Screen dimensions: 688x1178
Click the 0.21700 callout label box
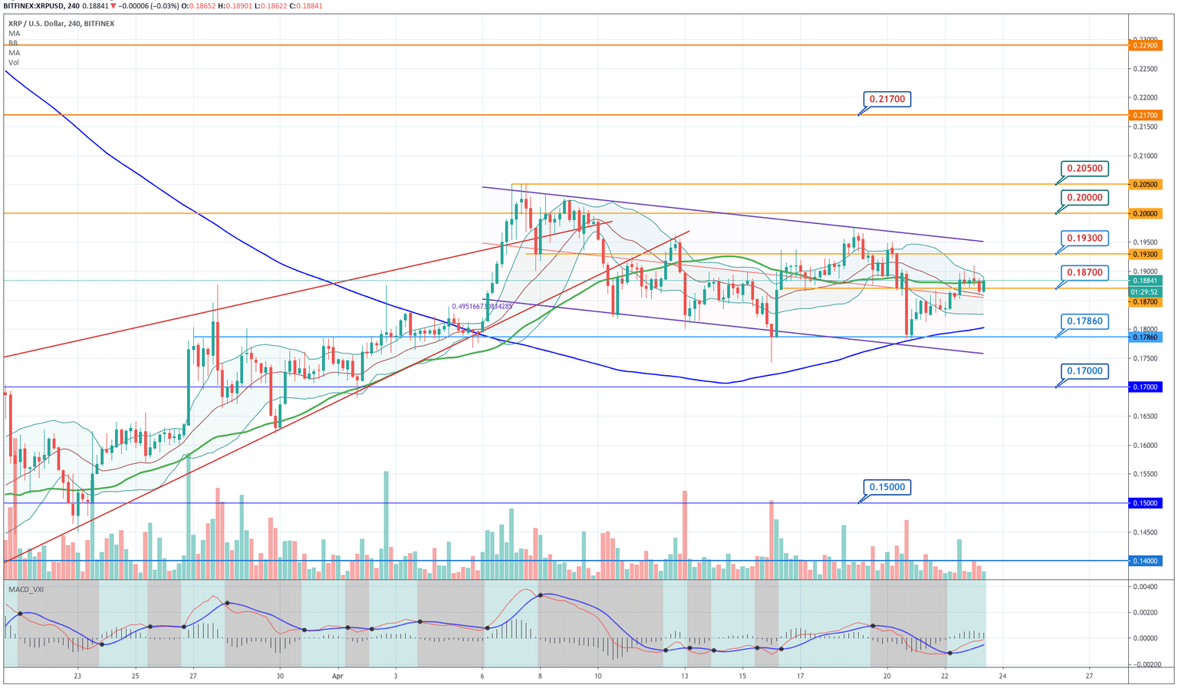coord(887,99)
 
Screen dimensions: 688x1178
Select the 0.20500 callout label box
coord(1085,169)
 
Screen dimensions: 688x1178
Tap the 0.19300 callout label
coord(1085,239)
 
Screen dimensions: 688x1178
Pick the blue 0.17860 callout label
coord(1085,321)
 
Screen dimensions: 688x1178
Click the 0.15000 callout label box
coord(887,487)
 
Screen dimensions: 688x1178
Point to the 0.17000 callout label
coord(1085,371)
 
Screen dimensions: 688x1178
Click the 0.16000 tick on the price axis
coord(1146,446)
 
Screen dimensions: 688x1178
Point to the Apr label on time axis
coord(337,676)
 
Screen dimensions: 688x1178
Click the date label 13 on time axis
coord(684,676)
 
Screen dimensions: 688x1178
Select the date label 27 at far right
coord(1089,676)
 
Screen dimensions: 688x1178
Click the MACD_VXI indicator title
coord(26,589)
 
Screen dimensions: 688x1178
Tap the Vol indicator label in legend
coord(14,63)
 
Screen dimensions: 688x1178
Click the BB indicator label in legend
coord(13,44)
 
